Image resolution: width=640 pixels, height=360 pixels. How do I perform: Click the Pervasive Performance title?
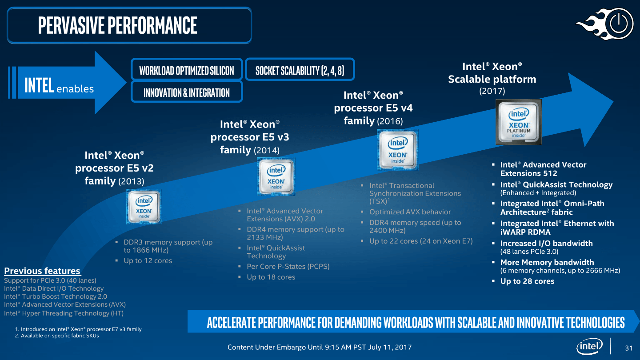tap(117, 25)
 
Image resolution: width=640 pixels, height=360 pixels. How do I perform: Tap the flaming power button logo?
tap(606, 24)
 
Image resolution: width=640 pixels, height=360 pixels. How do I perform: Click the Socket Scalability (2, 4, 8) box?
tap(300, 69)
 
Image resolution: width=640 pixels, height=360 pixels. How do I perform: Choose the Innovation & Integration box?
tap(187, 92)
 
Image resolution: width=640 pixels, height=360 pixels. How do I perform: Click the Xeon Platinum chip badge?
tap(518, 122)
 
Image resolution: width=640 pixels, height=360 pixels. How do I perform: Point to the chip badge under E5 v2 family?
tap(144, 207)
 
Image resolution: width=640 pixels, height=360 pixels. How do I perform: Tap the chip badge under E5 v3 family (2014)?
tap(276, 177)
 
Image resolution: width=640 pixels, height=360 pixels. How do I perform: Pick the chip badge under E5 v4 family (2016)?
tap(397, 150)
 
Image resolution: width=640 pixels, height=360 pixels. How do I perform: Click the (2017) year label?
tap(492, 91)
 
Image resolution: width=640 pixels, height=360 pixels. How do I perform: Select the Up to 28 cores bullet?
tap(527, 281)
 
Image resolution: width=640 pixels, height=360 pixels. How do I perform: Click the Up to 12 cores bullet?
tap(148, 261)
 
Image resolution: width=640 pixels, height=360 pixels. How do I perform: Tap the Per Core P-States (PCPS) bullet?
tap(288, 267)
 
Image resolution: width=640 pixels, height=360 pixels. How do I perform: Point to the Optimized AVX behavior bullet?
tap(410, 212)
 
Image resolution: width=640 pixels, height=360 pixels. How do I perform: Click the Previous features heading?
tap(42, 271)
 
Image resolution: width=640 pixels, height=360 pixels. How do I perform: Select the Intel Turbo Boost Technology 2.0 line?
tap(56, 296)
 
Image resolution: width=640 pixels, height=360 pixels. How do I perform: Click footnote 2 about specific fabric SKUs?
tap(57, 336)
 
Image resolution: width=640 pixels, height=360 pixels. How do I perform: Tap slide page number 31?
tap(628, 348)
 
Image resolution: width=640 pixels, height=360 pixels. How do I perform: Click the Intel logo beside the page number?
tap(589, 346)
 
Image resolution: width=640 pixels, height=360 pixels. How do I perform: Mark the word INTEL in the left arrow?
tap(39, 85)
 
